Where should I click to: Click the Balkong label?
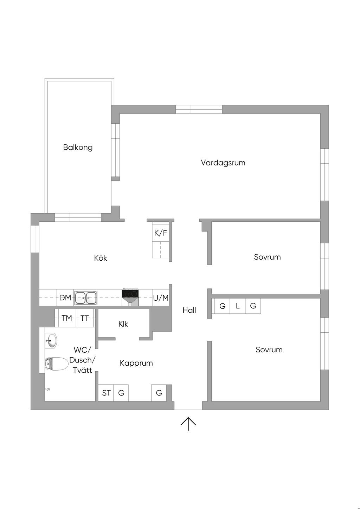[x=78, y=147]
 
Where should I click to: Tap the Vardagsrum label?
[x=223, y=163]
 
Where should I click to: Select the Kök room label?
[x=101, y=258]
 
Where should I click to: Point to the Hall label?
[x=189, y=310]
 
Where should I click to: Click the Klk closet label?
[x=123, y=324]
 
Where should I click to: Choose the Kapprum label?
[x=136, y=363]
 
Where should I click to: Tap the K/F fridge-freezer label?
[x=161, y=233]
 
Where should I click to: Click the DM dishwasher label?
[x=65, y=298]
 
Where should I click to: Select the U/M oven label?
[x=161, y=298]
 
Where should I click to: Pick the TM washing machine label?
[x=67, y=318]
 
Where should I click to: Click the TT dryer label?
[x=85, y=318]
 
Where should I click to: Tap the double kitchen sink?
[x=85, y=298]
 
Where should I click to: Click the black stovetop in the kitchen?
[x=130, y=293]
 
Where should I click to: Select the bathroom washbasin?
[x=51, y=340]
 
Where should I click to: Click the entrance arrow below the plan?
[x=188, y=424]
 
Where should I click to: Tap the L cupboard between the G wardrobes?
[x=238, y=306]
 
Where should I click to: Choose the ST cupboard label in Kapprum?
[x=106, y=393]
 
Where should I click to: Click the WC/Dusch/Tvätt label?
[x=82, y=360]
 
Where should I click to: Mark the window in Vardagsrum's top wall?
[x=199, y=109]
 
